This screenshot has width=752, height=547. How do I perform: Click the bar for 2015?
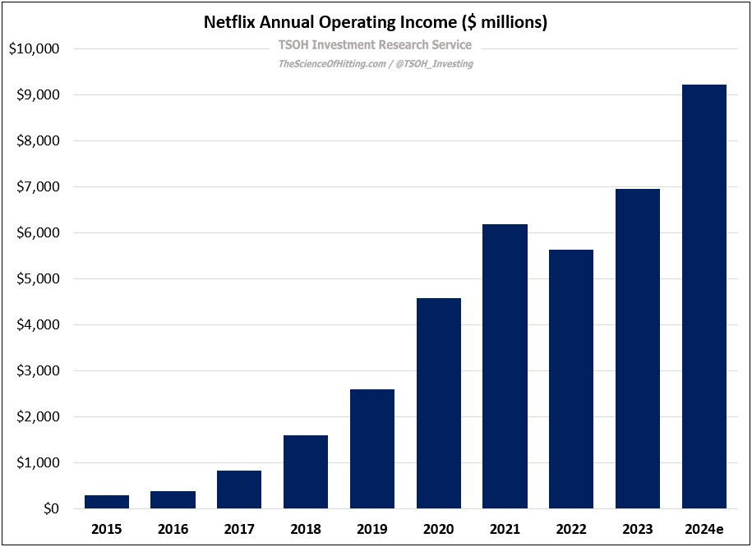coord(107,502)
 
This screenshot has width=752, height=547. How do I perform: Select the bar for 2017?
coord(239,490)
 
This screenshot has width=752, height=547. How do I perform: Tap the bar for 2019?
coord(372,448)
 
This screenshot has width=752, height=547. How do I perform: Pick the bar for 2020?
coord(439,403)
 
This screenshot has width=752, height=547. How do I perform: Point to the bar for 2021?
coord(505,366)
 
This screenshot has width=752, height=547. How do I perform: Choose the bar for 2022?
coord(571,379)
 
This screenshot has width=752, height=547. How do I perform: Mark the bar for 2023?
coord(638,348)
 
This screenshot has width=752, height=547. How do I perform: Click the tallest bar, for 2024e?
coord(704,296)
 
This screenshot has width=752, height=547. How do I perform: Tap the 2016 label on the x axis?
coord(173,528)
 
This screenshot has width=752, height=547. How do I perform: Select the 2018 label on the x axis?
coord(306,528)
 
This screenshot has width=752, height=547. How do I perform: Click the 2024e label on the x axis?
coord(704,528)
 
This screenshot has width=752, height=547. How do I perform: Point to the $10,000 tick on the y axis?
coord(34,49)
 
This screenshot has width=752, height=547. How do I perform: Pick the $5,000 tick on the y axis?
coord(37,279)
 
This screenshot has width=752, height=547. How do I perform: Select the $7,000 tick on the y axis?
coord(37,187)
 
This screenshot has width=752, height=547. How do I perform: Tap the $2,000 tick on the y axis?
coord(37,417)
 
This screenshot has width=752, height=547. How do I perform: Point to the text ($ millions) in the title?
coord(502,22)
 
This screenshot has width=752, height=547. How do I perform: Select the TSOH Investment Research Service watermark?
coord(376,44)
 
